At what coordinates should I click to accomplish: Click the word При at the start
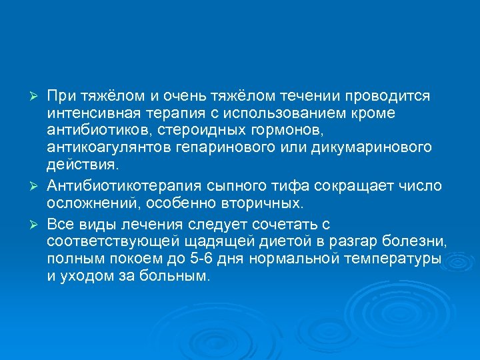(x=61, y=96)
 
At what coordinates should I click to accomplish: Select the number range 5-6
(x=215, y=258)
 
